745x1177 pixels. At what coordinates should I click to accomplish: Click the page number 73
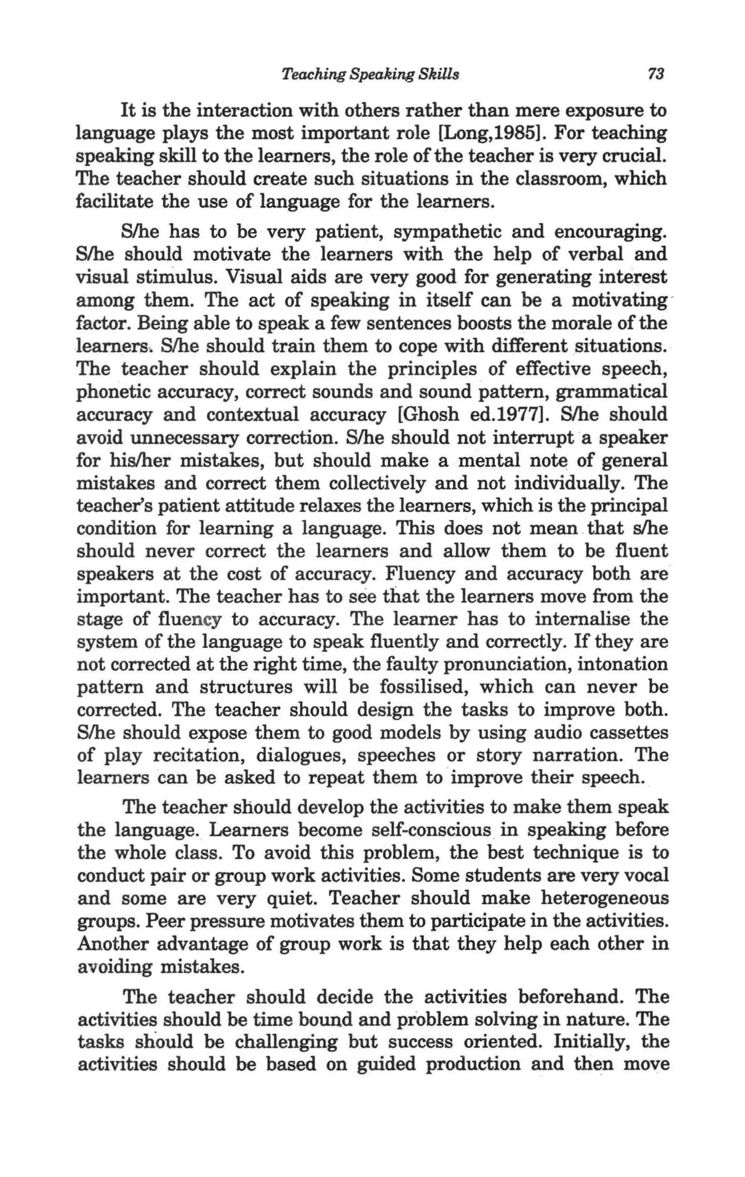click(x=656, y=74)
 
